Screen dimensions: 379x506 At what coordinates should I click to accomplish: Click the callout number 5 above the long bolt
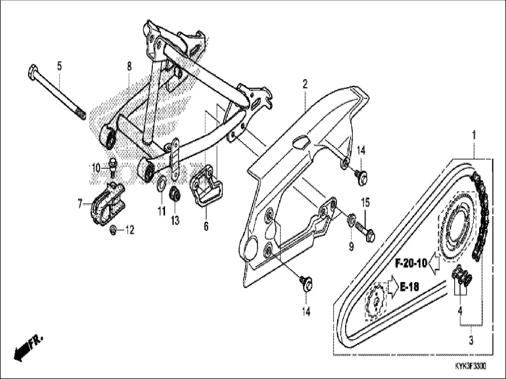(59, 66)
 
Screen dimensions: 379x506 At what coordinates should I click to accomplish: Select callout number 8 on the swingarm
(129, 66)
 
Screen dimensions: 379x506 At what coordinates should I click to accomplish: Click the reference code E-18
(409, 286)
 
